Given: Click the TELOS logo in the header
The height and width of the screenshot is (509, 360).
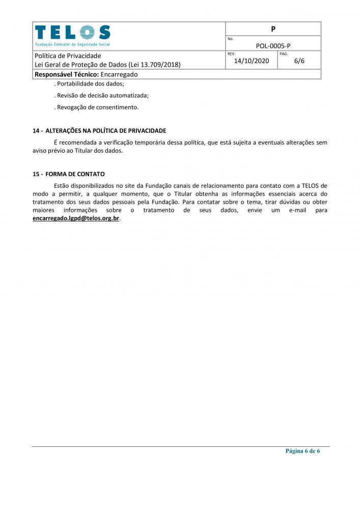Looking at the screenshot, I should click(72, 33).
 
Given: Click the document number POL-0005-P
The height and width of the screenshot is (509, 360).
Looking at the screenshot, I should click(273, 45).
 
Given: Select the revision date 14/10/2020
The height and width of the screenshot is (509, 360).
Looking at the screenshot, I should click(251, 61).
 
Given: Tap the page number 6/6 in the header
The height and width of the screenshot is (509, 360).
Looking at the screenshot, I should click(299, 61).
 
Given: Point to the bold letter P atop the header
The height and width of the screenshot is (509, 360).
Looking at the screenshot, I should click(273, 29).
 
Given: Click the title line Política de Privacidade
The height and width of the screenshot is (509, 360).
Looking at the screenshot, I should click(67, 55).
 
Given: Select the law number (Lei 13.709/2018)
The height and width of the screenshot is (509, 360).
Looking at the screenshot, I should click(155, 65).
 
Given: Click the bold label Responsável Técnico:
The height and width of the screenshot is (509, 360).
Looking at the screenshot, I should click(66, 74).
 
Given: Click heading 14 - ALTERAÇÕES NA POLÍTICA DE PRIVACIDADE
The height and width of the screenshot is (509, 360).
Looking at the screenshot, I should click(99, 131).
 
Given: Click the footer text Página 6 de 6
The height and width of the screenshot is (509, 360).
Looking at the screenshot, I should click(302, 451).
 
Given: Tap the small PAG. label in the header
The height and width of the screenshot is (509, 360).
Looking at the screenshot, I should click(284, 53).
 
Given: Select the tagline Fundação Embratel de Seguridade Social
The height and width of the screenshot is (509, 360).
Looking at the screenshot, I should click(72, 44).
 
